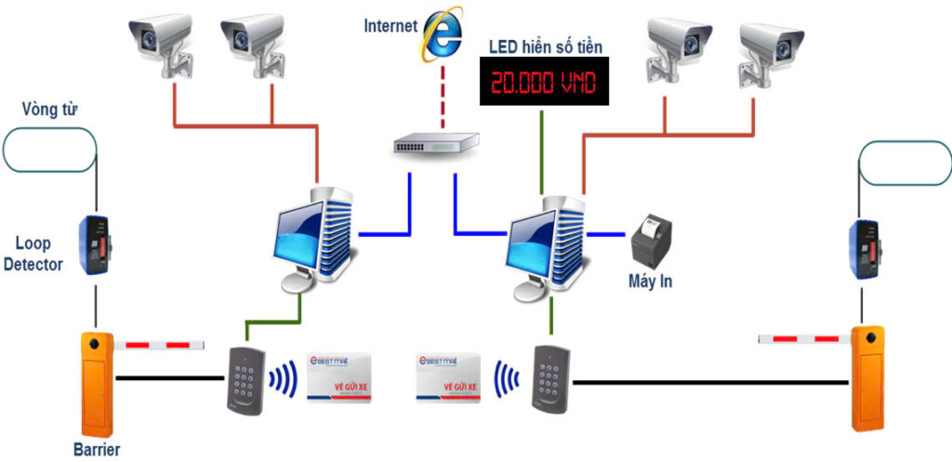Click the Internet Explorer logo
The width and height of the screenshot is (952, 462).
443,34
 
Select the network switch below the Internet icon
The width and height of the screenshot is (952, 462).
435,143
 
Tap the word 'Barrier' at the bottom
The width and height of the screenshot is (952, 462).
98,450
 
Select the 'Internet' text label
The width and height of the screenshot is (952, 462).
390,25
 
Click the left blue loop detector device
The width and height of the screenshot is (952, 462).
95,244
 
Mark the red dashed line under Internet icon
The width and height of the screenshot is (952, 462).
444,97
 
